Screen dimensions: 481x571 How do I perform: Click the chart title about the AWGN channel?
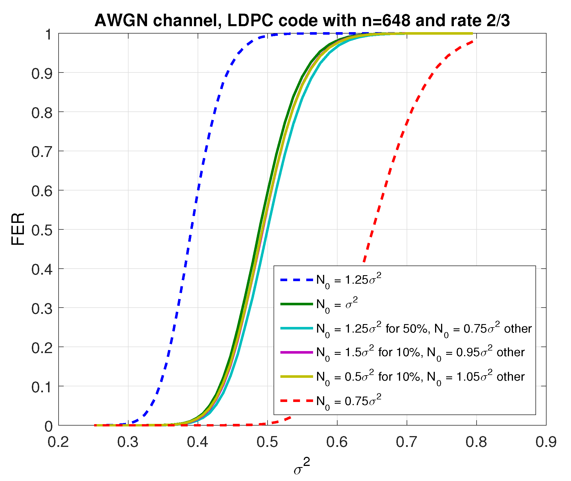(302, 20)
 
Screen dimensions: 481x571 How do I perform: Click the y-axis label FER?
(18, 229)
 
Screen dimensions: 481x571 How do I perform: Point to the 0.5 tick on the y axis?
(42, 230)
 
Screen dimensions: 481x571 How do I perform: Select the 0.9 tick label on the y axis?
(42, 74)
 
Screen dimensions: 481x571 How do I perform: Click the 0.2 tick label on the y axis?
(42, 347)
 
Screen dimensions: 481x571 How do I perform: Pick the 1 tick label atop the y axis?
(48, 35)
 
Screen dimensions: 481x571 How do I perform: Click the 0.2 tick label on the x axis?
(58, 442)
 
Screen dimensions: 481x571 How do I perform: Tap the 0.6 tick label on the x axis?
(337, 442)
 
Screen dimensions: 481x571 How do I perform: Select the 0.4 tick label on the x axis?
(198, 442)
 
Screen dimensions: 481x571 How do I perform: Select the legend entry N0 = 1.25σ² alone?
(349, 280)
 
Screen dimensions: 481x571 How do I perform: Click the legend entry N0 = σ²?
(337, 304)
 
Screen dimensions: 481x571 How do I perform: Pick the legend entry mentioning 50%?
(424, 329)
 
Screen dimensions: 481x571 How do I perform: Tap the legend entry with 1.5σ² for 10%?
(420, 353)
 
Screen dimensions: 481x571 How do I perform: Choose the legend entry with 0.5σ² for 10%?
(420, 377)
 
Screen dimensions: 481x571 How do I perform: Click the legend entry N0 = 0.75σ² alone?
(349, 401)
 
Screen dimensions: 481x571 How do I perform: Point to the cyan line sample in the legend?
(297, 328)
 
